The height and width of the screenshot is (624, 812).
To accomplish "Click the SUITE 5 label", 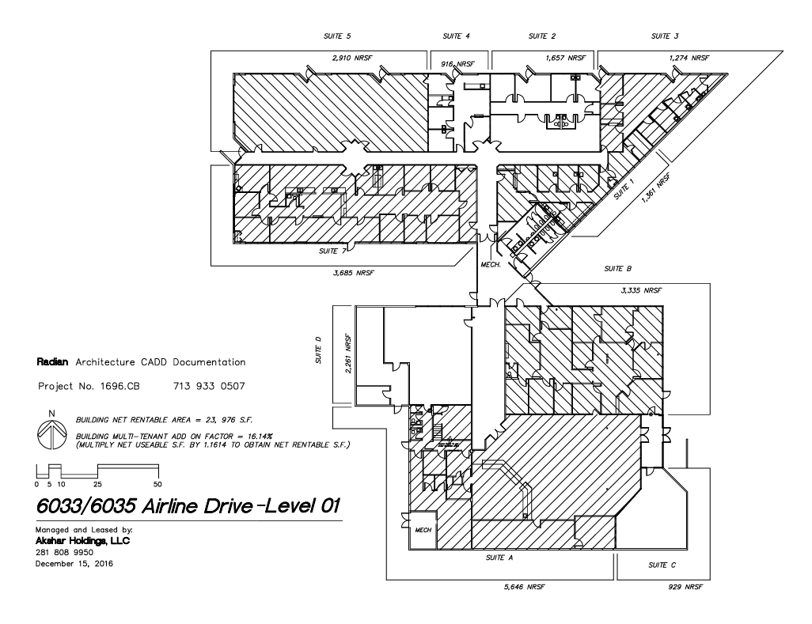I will click(x=338, y=36).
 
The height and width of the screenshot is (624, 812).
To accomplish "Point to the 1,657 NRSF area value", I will click(x=565, y=59).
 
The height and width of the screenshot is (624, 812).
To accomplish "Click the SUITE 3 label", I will click(x=665, y=36).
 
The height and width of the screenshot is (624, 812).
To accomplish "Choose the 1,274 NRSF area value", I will click(x=689, y=59).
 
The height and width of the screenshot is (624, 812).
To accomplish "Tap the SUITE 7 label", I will click(x=332, y=251).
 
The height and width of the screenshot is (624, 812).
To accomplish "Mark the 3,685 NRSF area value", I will click(x=355, y=273).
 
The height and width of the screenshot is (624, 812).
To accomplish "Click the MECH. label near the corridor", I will click(x=491, y=266).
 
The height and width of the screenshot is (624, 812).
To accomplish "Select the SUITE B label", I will click(x=617, y=269).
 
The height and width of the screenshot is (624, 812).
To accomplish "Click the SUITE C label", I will click(x=662, y=565).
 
